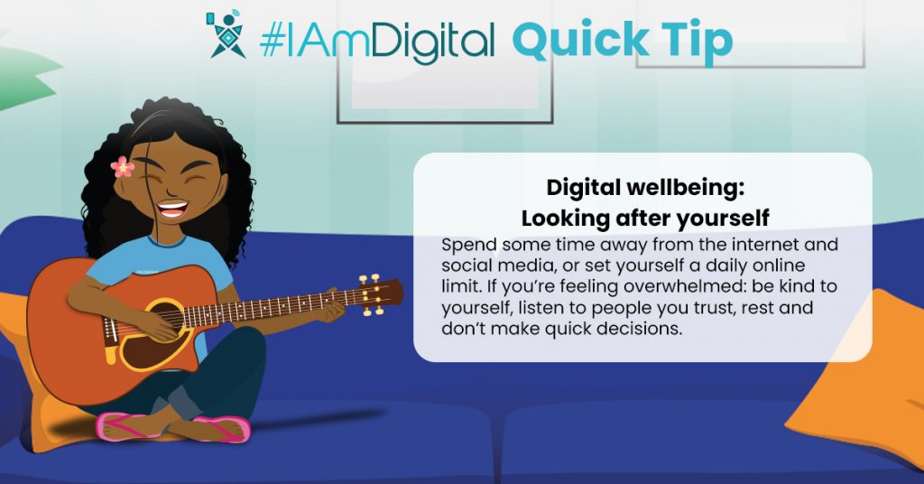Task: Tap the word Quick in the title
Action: tap(575, 40)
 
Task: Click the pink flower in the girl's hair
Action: tap(122, 167)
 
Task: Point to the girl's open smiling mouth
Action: tap(172, 209)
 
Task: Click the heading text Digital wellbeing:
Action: tap(645, 188)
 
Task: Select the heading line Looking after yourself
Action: tap(645, 219)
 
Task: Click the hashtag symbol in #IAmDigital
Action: tap(271, 40)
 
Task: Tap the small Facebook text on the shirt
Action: tap(147, 272)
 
